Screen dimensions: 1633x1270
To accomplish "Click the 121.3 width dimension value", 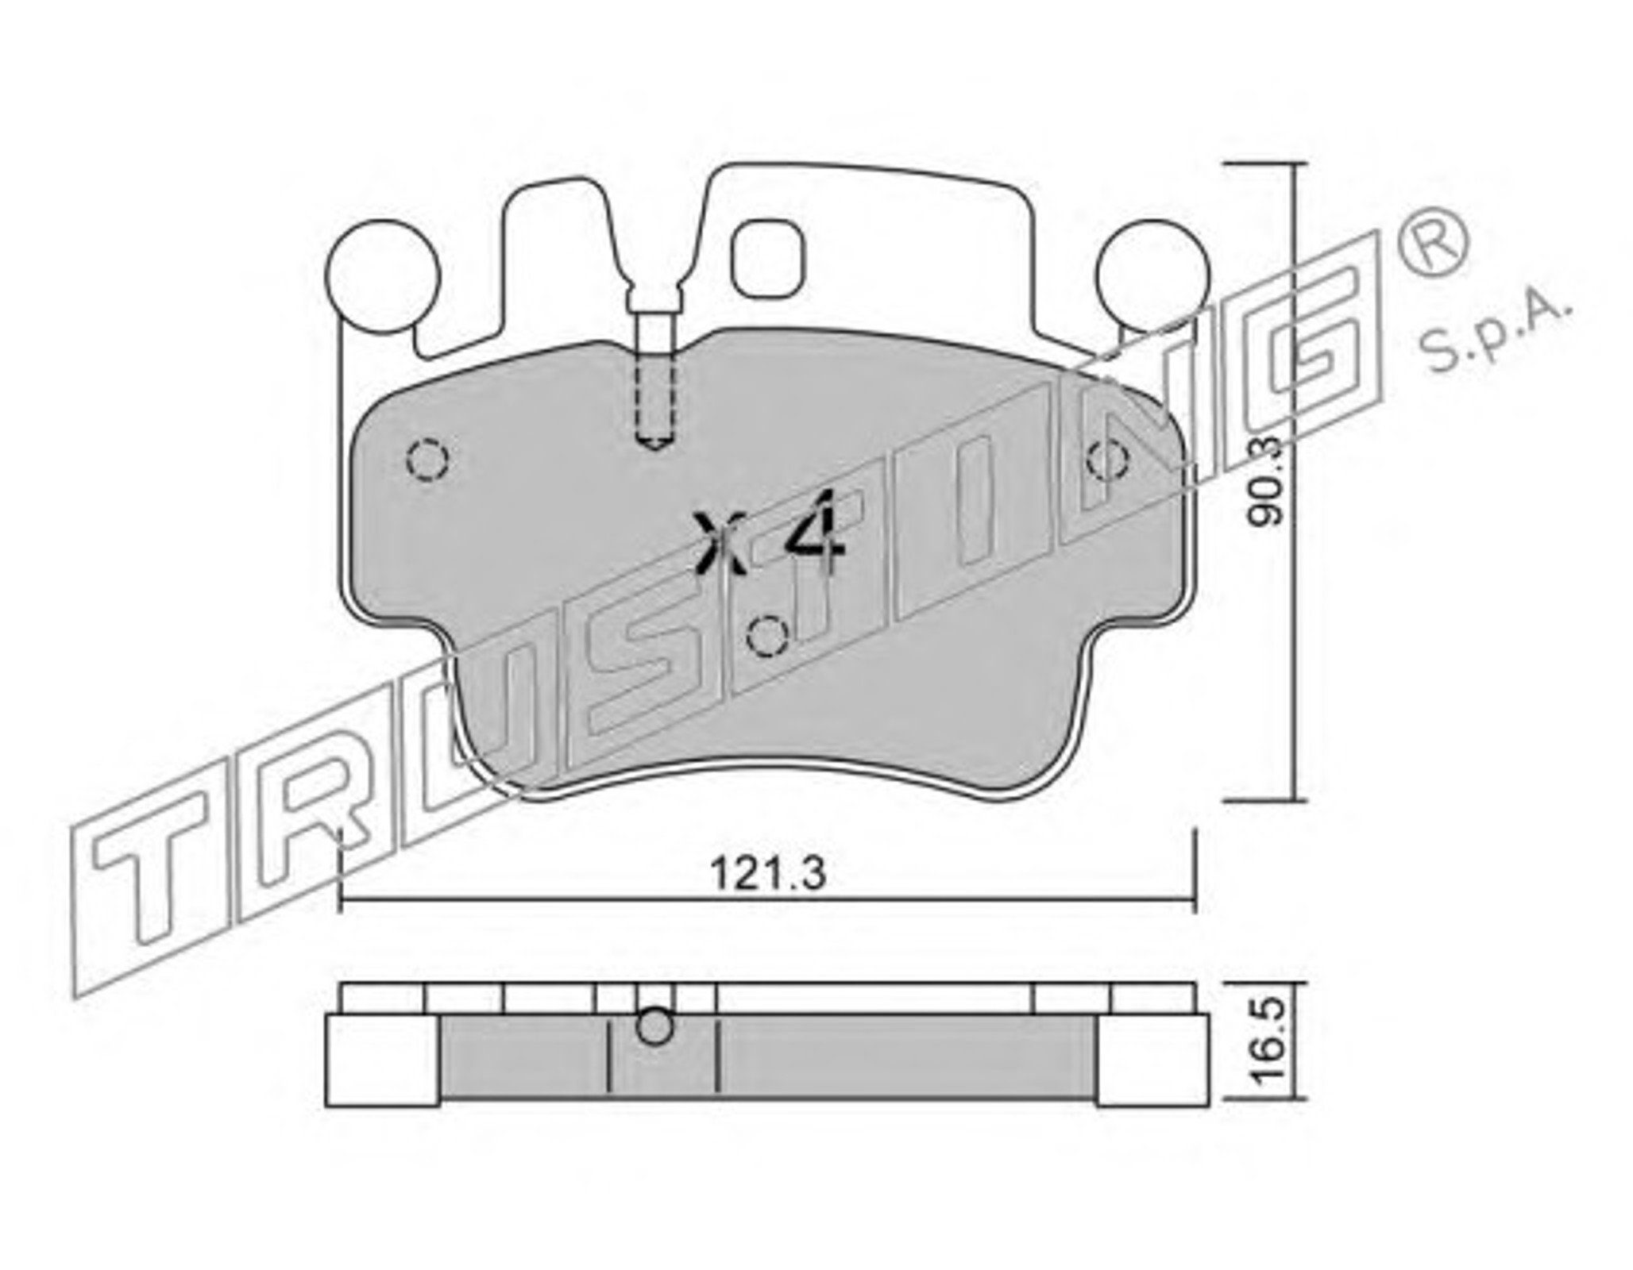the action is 768,874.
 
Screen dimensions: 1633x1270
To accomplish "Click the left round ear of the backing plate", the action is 382,276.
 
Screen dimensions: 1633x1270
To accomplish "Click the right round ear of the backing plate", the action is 1152,276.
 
